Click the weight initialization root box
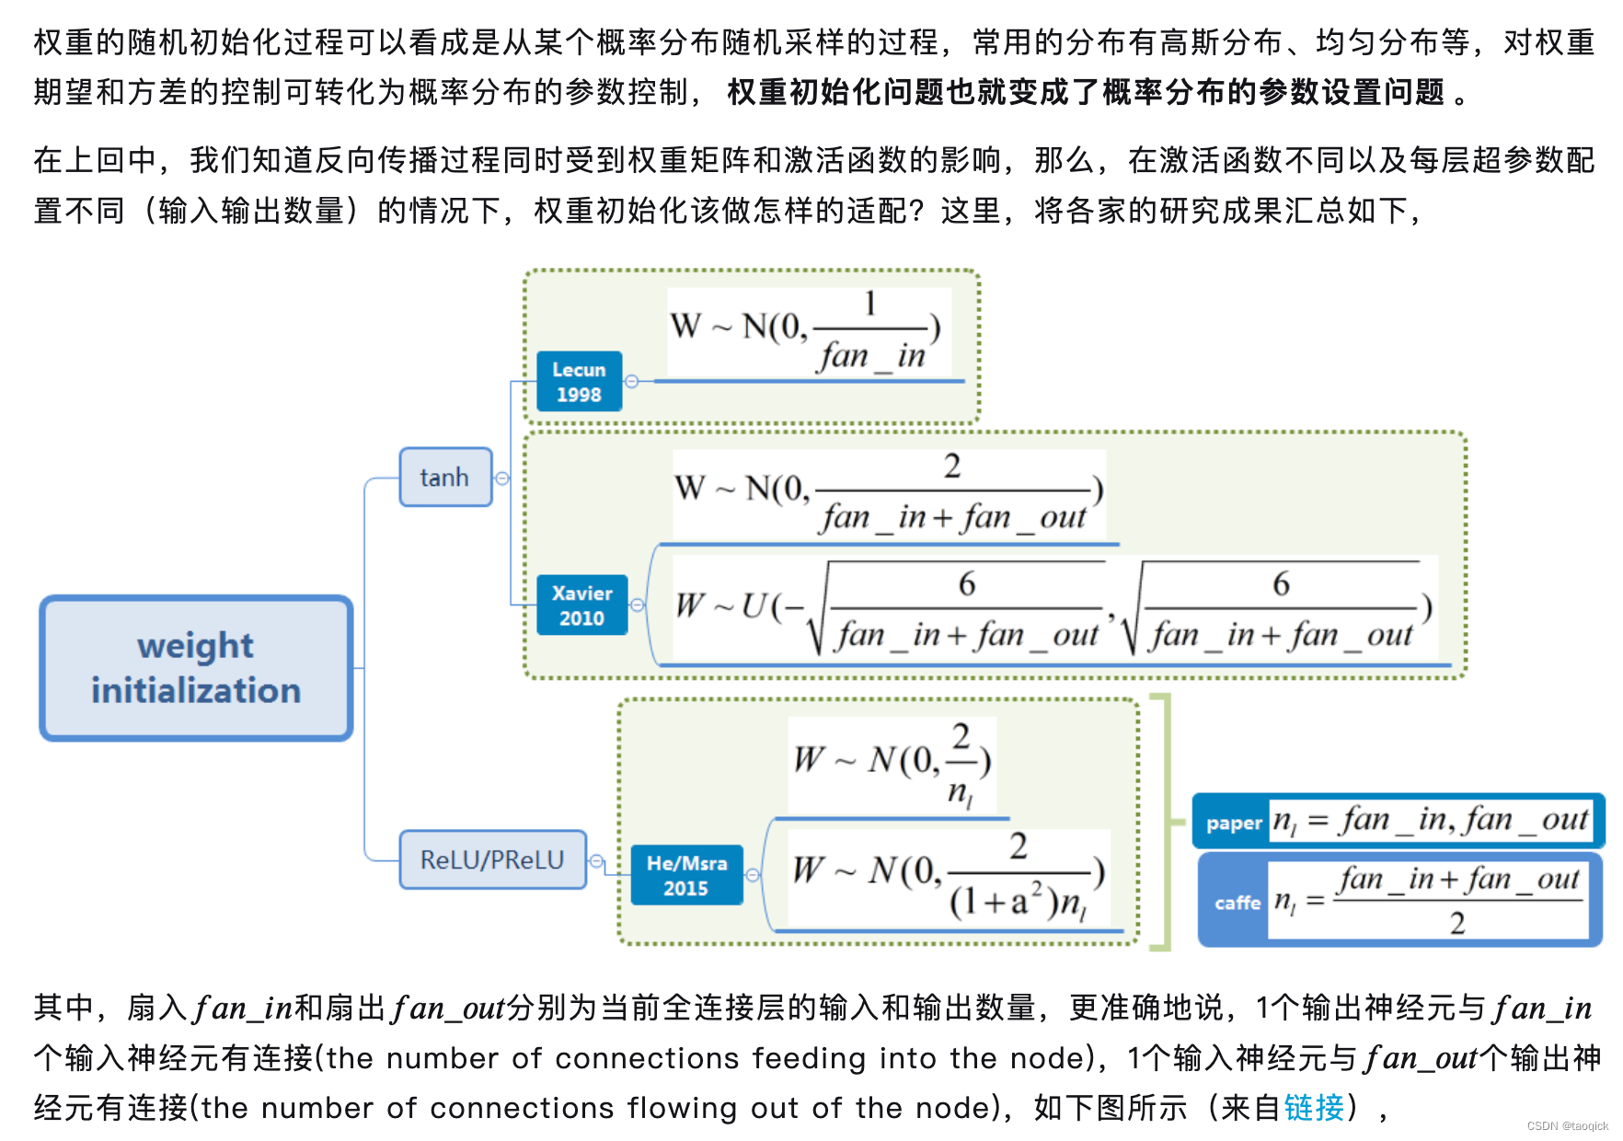[196, 668]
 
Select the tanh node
[445, 477]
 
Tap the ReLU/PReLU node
[492, 859]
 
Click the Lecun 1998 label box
[579, 382]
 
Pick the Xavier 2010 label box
[581, 605]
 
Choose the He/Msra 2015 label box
[686, 875]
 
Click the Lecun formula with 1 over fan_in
[808, 331]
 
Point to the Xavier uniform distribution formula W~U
[1053, 608]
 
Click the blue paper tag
[1233, 823]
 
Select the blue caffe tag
[1237, 903]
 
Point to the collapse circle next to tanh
[502, 478]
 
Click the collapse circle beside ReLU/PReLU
[596, 861]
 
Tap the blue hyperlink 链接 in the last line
[1314, 1107]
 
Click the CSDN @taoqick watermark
[1567, 1126]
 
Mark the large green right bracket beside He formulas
[1165, 822]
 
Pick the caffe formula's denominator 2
[1457, 923]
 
